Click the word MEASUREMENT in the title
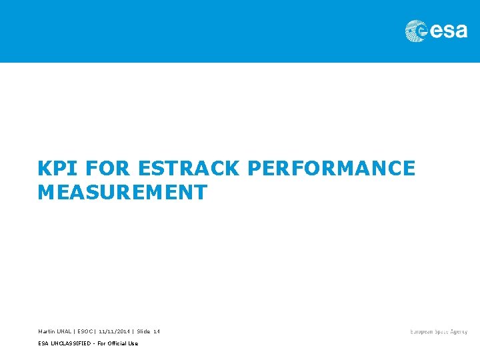click(123, 193)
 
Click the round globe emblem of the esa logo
click(416, 31)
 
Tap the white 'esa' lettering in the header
click(448, 31)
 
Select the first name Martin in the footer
click(47, 331)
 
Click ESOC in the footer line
click(86, 331)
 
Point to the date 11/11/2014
click(114, 331)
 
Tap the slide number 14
click(157, 331)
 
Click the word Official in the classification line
click(119, 343)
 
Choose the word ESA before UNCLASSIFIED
click(43, 343)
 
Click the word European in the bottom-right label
click(423, 332)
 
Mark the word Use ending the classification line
click(133, 343)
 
